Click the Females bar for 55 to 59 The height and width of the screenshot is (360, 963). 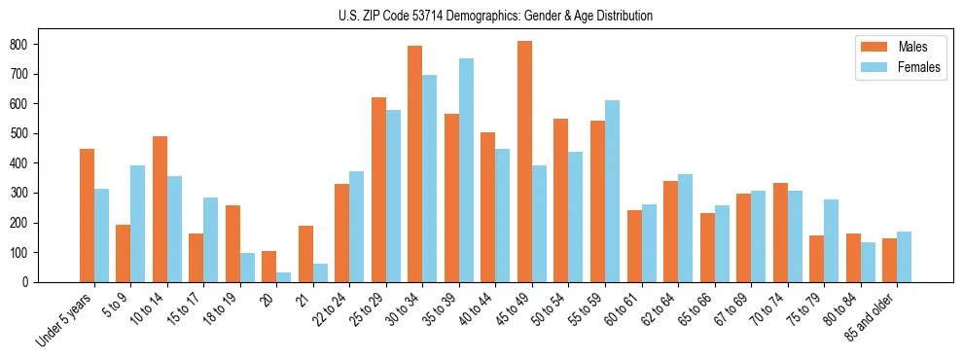tap(613, 191)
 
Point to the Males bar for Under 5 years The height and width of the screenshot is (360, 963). tap(87, 215)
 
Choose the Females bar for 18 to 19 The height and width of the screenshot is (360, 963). tap(248, 268)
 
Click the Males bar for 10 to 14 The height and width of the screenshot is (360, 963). tap(160, 209)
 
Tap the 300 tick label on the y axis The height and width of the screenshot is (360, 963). tap(26, 194)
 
